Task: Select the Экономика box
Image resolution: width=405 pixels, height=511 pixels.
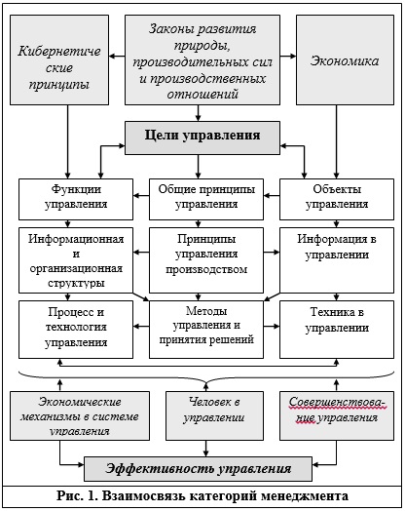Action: (x=345, y=59)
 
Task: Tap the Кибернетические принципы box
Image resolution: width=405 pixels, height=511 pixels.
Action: (x=59, y=59)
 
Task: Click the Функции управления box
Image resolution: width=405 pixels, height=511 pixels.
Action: (x=76, y=199)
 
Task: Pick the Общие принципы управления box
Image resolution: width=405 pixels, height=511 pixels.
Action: (x=206, y=199)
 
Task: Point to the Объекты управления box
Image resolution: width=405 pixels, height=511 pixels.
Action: (x=337, y=199)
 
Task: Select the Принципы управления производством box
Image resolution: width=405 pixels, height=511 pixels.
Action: (x=206, y=260)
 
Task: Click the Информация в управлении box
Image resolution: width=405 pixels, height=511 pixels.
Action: (x=337, y=260)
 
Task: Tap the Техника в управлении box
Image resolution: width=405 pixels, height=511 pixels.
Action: (x=337, y=330)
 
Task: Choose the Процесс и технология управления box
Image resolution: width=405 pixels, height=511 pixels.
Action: (x=76, y=330)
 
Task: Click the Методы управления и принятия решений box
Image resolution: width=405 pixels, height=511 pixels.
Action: (x=206, y=330)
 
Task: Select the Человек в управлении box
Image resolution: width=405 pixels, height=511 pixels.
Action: (x=214, y=415)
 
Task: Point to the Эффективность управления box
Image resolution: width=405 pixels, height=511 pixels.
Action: (x=198, y=469)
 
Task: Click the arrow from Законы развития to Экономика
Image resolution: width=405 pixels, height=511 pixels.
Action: (x=288, y=56)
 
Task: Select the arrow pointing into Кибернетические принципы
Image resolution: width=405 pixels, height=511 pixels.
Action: (x=117, y=56)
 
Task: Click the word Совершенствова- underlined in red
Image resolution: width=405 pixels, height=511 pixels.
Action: (x=337, y=403)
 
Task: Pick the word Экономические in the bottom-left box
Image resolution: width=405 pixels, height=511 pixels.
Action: (x=80, y=402)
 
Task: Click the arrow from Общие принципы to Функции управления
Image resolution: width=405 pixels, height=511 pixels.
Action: (x=141, y=196)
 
